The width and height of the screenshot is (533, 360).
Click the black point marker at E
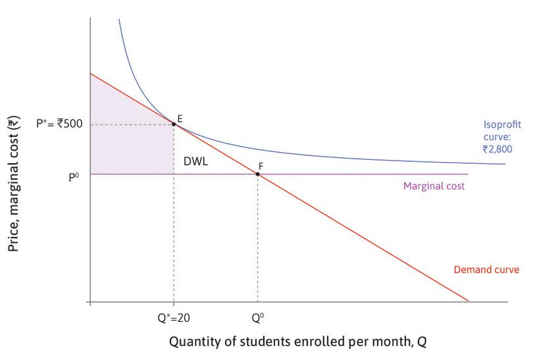coord(174,124)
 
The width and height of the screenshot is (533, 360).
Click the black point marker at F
coord(257,174)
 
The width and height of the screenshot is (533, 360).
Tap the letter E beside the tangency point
coord(180,117)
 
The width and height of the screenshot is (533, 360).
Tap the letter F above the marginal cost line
coord(261,165)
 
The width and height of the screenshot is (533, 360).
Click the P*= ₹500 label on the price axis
coord(59,123)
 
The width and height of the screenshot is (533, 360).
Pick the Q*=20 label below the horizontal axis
coord(173,315)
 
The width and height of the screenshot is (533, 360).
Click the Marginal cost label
coord(434,186)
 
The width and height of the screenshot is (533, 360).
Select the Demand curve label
coord(487,269)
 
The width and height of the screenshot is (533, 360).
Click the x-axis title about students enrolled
coord(302,343)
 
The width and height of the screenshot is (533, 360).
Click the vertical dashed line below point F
coord(257,237)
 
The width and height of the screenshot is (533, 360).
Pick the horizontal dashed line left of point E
coord(132,124)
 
